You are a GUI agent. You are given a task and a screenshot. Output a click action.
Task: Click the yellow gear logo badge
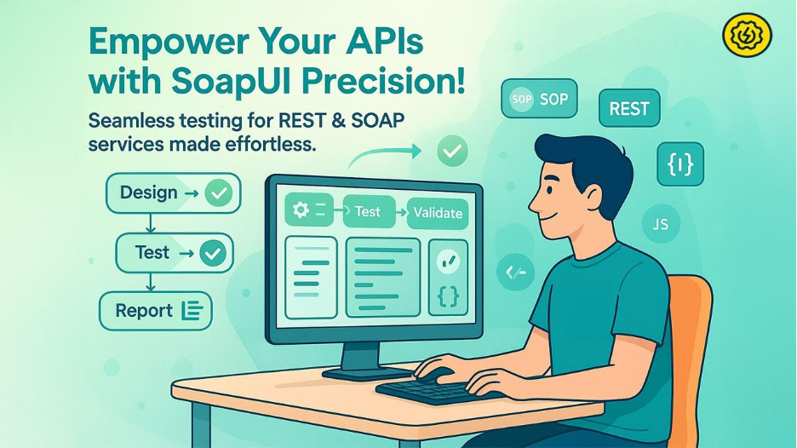[747, 36]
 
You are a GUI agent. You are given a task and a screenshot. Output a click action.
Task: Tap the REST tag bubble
[629, 108]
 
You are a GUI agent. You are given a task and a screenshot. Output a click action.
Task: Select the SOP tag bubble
[534, 100]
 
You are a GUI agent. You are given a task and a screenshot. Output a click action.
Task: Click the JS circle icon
[659, 225]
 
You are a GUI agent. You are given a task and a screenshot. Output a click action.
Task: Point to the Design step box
[172, 192]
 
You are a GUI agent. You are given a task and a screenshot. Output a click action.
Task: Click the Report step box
[156, 311]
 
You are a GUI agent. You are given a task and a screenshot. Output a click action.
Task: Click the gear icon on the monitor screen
[301, 210]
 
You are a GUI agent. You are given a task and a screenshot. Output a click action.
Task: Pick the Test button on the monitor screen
[368, 211]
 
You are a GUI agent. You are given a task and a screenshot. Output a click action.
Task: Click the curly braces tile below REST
[680, 164]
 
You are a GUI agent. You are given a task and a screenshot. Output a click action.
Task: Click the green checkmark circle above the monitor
[451, 152]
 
